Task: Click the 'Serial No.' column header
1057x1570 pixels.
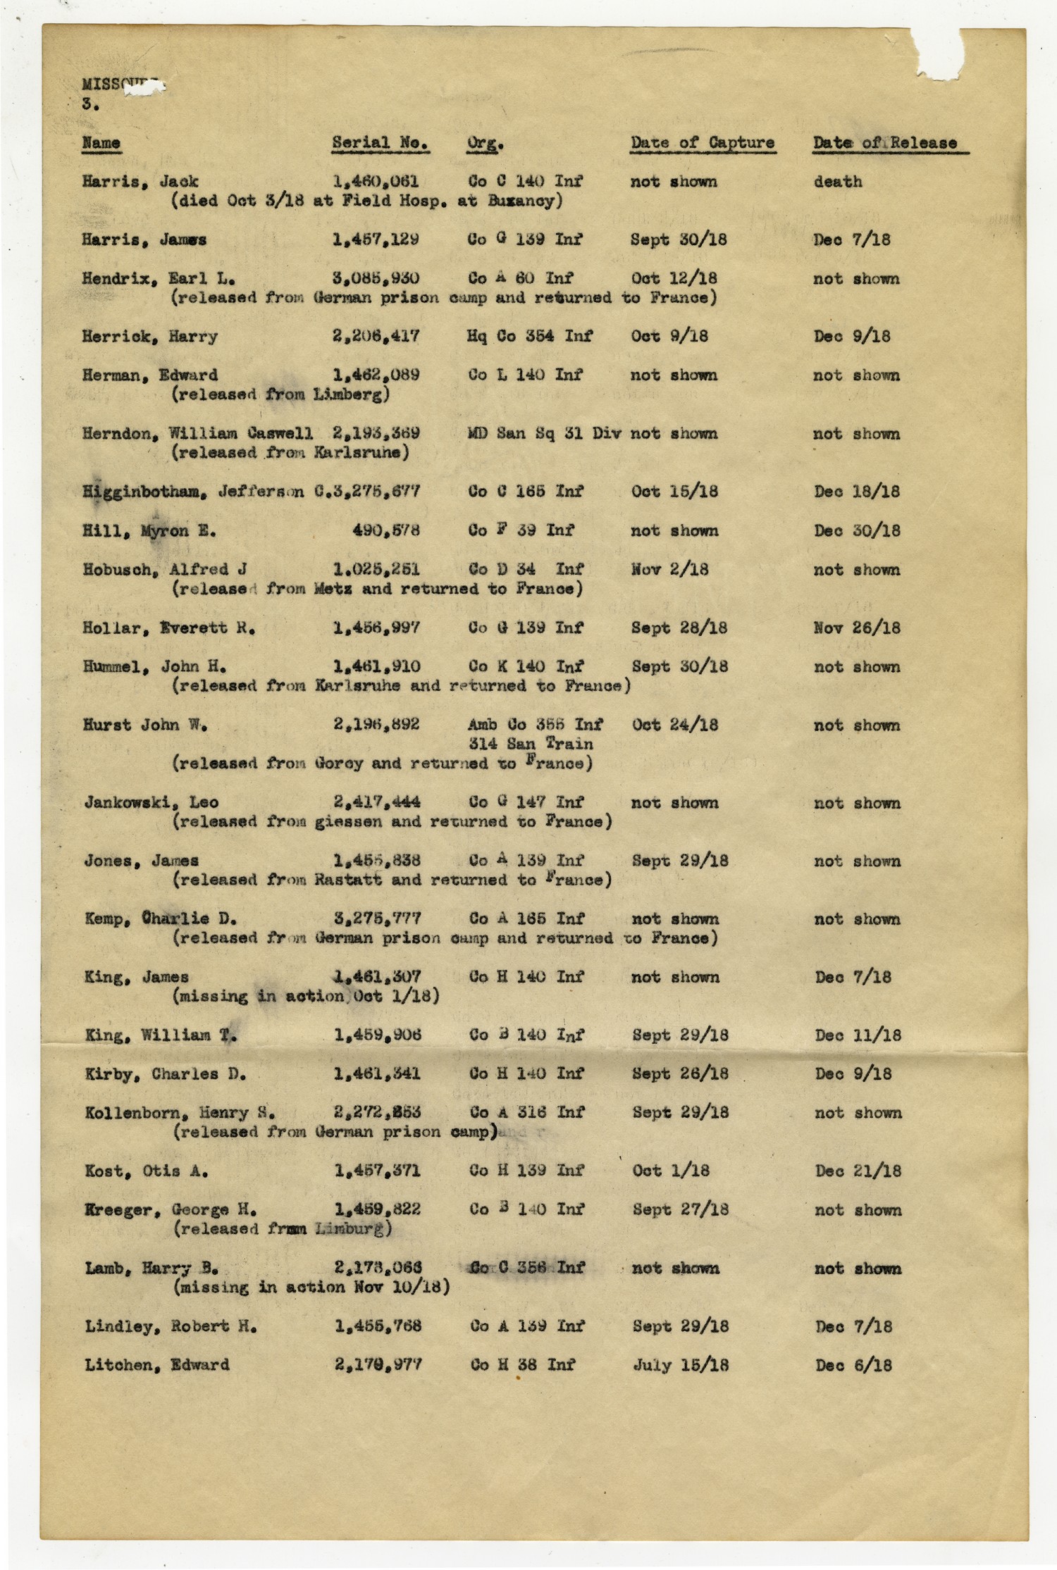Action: pyautogui.click(x=380, y=143)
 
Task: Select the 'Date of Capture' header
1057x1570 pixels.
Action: pyautogui.click(x=702, y=143)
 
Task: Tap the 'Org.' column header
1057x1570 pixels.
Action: pyautogui.click(x=485, y=143)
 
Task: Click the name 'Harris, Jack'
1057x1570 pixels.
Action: pyautogui.click(x=140, y=182)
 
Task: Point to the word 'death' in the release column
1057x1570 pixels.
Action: pyautogui.click(x=837, y=182)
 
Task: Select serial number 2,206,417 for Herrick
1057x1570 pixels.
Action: pyautogui.click(x=376, y=337)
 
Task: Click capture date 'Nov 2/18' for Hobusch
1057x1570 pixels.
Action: pyautogui.click(x=669, y=570)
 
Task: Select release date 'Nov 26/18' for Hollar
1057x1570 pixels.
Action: pyautogui.click(x=856, y=628)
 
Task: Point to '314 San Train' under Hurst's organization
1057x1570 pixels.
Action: pyautogui.click(x=531, y=744)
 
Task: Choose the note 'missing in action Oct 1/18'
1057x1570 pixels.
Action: pyautogui.click(x=306, y=997)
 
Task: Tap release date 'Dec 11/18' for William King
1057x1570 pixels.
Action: pyautogui.click(x=858, y=1035)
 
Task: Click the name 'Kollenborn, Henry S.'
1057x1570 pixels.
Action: pyautogui.click(x=180, y=1113)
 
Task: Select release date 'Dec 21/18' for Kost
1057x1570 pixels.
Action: pyautogui.click(x=858, y=1171)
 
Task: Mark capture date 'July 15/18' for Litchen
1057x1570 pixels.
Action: pyautogui.click(x=680, y=1365)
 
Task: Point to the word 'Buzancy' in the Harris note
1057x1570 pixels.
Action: pyautogui.click(x=521, y=201)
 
